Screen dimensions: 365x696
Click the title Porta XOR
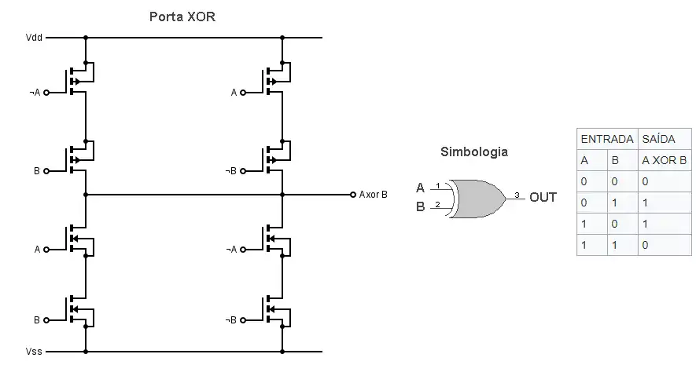pos(182,16)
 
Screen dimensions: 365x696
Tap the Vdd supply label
pos(34,37)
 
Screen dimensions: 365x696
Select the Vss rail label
pos(34,352)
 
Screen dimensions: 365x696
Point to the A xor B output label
pos(374,195)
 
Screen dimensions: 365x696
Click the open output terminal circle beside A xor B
pos(352,195)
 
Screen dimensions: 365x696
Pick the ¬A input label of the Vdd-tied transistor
pos(35,93)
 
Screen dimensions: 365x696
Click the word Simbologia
pos(473,152)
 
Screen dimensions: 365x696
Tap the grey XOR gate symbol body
pos(476,198)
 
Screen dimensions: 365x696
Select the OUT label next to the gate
pos(543,197)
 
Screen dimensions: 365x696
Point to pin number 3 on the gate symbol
pos(516,194)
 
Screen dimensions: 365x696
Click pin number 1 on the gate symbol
pos(437,185)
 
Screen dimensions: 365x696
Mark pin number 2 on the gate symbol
pos(437,206)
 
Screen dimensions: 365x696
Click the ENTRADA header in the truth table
pos(606,139)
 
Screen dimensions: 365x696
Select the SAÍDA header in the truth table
pos(659,139)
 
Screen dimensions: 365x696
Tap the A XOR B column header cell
pos(665,160)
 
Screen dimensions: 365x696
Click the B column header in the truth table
pos(616,160)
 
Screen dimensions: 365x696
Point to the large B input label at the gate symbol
pos(421,207)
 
